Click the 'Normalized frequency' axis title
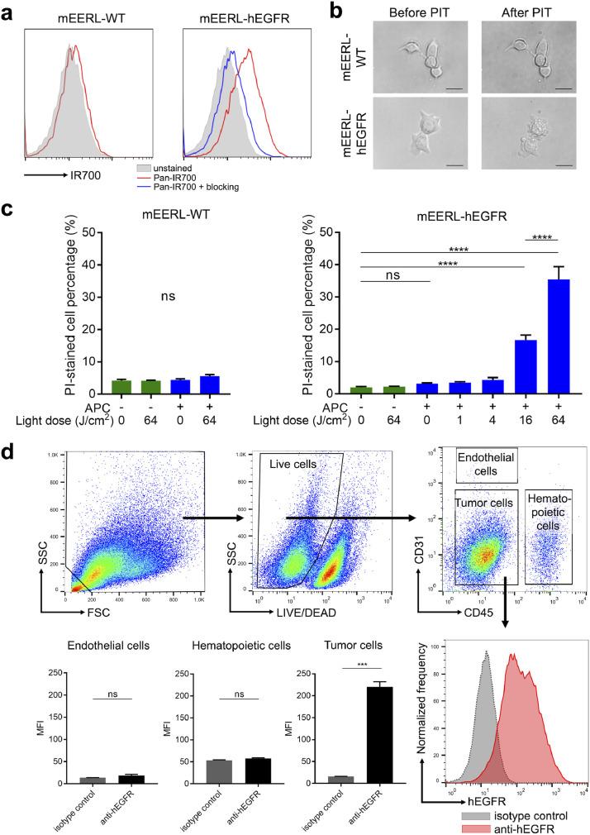[431, 716]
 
